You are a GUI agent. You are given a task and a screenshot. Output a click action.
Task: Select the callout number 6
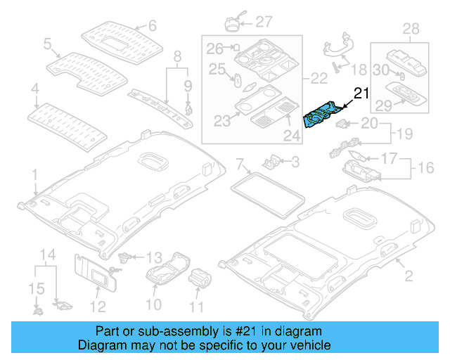point(151,27)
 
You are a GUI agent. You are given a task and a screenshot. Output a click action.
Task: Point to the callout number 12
point(98,306)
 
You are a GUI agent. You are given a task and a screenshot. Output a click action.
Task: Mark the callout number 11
point(196,306)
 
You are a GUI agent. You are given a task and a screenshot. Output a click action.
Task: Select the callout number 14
point(46,254)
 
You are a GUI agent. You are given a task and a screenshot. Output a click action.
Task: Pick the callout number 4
point(34,89)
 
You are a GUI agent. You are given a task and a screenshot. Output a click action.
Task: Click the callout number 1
point(34,173)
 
